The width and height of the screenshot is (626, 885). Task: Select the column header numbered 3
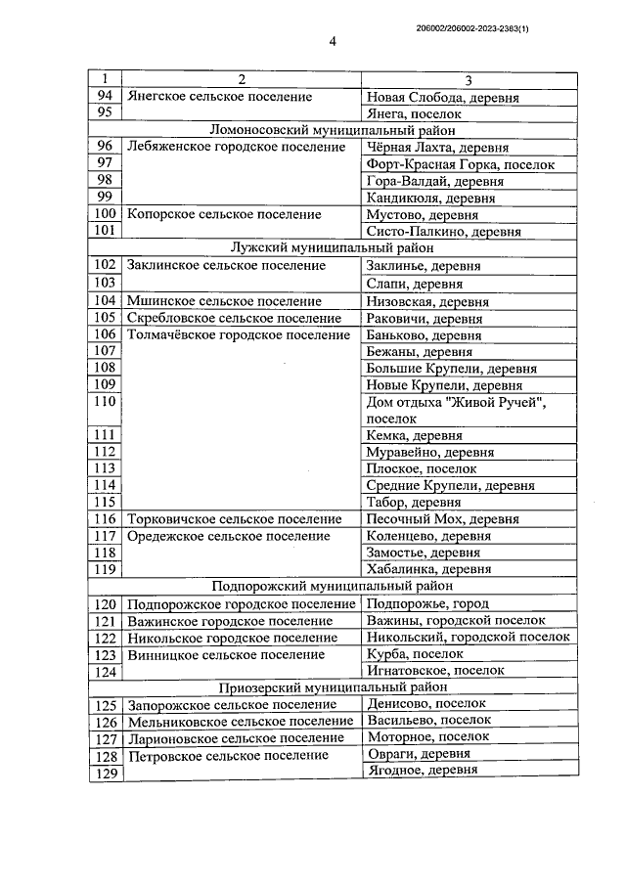point(468,79)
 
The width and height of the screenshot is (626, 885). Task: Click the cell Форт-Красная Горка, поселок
point(459,164)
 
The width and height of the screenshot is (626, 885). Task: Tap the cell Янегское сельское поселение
point(220,97)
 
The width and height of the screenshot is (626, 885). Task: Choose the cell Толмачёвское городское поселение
point(238,334)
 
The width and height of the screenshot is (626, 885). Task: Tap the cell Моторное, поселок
point(421,737)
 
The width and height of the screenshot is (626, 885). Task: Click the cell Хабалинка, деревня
point(428,569)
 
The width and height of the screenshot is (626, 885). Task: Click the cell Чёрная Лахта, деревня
point(436,148)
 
